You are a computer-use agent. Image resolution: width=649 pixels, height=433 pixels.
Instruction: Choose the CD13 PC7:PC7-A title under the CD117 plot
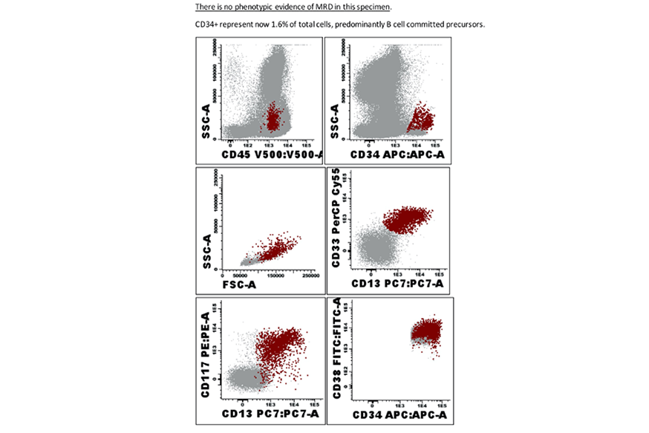[x=274, y=412]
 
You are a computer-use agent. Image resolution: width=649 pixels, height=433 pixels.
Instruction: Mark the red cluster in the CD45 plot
[x=273, y=117]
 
